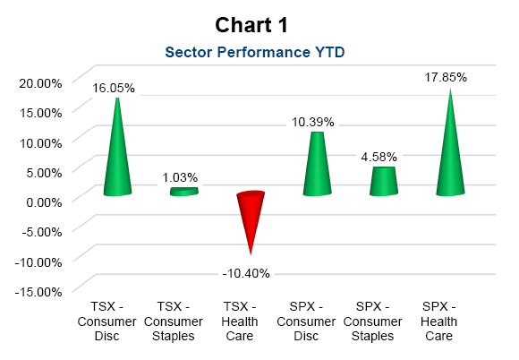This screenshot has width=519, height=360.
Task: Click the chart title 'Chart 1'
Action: pos(251,25)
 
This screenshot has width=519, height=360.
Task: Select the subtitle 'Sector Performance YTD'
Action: pos(255,52)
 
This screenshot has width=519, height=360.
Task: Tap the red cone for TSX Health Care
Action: pos(251,219)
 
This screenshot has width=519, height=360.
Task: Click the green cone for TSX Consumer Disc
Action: pos(117,149)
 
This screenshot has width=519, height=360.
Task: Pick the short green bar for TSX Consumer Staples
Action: pos(184,192)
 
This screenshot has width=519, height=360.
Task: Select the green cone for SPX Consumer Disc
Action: pos(317,164)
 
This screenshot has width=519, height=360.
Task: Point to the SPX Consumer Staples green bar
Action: pos(384,181)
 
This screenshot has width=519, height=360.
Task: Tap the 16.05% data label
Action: pos(114,88)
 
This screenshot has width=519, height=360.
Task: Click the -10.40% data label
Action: pos(246,273)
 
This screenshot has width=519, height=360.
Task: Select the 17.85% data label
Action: pos(446,77)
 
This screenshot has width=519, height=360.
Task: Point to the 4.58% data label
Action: pos(379,157)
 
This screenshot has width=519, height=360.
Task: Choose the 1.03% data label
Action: pos(180,177)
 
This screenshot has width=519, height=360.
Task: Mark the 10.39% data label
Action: pos(313,122)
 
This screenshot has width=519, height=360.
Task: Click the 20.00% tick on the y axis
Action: pos(40,83)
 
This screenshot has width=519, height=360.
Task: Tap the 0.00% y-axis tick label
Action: pos(44,202)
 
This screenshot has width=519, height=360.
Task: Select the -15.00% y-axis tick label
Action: pos(38,292)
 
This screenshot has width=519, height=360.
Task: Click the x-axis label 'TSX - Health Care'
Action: pos(240,321)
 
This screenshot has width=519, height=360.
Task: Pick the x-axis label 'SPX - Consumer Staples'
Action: pos(373,321)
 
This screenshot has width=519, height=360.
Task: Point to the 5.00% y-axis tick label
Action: pos(44,173)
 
